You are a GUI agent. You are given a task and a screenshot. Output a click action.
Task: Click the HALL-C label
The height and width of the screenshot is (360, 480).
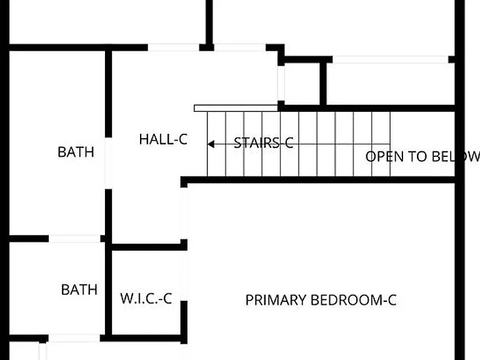(163, 139)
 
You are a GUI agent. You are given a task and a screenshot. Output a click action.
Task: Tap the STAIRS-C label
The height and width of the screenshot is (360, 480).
(264, 143)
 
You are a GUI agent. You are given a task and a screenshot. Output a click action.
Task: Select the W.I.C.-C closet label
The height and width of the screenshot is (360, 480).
(146, 299)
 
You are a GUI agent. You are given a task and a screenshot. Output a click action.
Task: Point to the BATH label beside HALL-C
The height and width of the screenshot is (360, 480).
(76, 152)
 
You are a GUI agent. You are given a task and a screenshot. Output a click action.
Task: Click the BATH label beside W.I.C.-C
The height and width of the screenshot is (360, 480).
(79, 289)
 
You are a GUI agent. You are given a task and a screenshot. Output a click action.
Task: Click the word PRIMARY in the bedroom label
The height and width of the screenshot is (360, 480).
(276, 300)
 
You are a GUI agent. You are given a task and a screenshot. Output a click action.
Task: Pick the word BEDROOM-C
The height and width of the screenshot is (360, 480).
(354, 300)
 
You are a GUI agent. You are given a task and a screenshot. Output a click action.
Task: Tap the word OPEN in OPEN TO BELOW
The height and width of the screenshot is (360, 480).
(385, 157)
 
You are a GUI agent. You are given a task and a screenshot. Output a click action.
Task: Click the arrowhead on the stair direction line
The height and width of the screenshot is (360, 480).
(211, 144)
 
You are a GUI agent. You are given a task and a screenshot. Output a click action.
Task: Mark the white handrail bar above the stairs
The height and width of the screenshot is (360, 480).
(236, 108)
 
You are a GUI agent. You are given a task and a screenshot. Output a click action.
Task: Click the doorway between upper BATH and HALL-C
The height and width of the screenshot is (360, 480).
(108, 163)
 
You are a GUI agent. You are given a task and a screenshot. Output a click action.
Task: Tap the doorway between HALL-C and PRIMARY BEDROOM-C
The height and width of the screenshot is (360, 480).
(184, 213)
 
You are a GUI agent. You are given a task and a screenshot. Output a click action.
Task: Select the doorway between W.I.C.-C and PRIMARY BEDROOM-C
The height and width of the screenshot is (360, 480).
(184, 276)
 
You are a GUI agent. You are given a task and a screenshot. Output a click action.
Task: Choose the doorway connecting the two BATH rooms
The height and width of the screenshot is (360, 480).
(74, 239)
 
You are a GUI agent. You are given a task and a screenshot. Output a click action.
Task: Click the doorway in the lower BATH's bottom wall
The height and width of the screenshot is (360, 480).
(74, 338)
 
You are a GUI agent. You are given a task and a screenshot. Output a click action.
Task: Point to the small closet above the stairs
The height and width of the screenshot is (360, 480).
(302, 84)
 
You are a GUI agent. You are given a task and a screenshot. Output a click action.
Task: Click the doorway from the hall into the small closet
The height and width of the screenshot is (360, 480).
(281, 83)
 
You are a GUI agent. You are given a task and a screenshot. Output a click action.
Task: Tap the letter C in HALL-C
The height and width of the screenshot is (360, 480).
(182, 139)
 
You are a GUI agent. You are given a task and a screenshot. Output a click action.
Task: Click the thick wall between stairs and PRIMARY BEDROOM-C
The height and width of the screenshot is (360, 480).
(317, 180)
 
